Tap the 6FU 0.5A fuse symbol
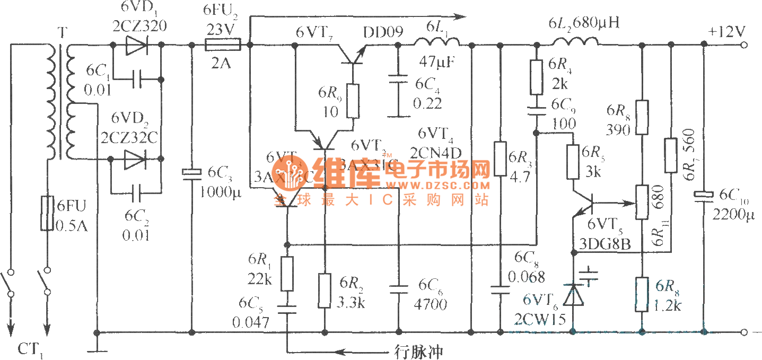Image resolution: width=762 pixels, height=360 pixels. [x=47, y=213]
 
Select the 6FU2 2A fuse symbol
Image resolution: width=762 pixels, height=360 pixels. [x=223, y=45]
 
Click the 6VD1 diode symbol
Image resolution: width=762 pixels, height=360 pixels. [x=135, y=45]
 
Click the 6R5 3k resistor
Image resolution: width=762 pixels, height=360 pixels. [x=573, y=162]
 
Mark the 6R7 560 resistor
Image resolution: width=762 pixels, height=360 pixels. [x=671, y=155]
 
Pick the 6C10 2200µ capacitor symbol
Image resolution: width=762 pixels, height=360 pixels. [x=704, y=196]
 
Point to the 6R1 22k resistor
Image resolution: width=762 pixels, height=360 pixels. [x=287, y=273]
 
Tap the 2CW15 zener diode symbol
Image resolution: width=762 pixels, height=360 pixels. [x=573, y=295]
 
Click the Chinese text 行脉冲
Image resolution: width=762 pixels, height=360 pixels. [x=418, y=350]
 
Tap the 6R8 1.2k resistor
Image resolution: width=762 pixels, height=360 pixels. [x=642, y=294]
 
